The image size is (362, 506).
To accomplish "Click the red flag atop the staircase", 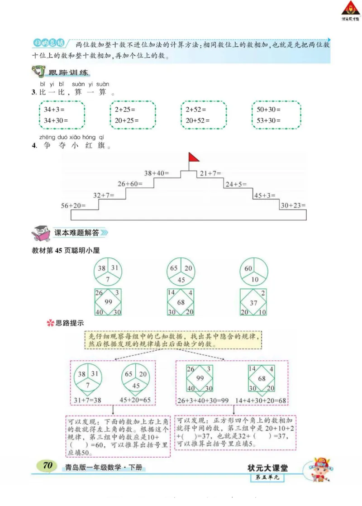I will [193, 158].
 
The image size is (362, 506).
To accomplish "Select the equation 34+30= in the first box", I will [56, 120].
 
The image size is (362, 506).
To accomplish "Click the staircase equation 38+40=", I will [156, 173].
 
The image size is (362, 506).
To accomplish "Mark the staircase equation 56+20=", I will [73, 205].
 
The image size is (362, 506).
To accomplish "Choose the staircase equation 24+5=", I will [236, 184].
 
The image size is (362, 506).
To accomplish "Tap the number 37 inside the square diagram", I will [254, 302].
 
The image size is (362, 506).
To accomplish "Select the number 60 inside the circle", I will [248, 268].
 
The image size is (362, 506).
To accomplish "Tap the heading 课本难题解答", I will [76, 233].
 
